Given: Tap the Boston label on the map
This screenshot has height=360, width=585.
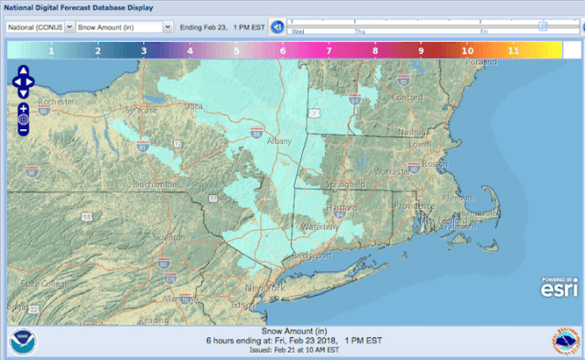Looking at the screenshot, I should (x=435, y=164).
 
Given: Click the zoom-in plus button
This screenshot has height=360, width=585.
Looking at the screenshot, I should (x=23, y=108).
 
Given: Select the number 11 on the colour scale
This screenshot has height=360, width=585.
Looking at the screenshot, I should (x=514, y=51).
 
